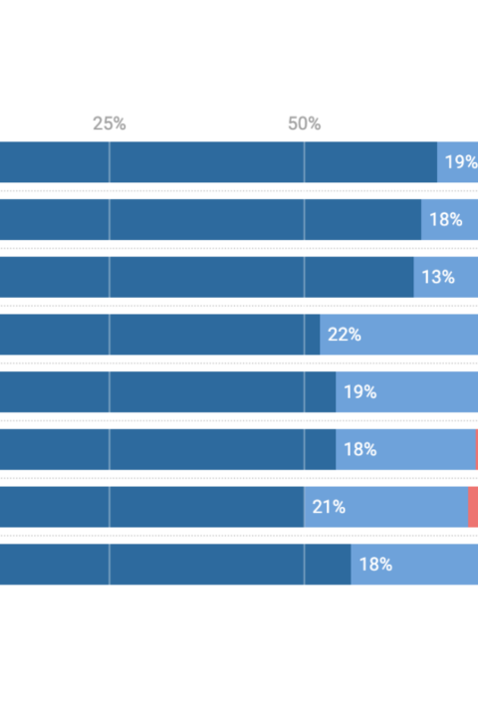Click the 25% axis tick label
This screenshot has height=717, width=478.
[110, 123]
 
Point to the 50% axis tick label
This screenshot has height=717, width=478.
[304, 123]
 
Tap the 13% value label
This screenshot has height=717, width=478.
[438, 277]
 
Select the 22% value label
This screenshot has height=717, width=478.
[345, 335]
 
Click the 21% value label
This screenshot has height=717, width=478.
[329, 507]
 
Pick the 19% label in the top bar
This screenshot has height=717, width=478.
[461, 162]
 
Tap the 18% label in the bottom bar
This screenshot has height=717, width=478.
[375, 565]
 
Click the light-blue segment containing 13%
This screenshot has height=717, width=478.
[446, 277]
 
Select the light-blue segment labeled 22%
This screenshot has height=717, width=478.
[399, 335]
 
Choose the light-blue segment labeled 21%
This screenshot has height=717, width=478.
[386, 507]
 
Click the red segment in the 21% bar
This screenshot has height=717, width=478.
[473, 507]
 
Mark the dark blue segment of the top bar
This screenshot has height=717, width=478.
[219, 162]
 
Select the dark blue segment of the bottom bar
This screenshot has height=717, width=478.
[175, 565]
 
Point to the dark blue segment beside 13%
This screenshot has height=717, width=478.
[207, 277]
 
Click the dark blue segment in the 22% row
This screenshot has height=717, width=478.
[160, 335]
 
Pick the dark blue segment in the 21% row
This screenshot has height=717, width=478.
[151, 507]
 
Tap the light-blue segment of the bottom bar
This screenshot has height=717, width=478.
[414, 565]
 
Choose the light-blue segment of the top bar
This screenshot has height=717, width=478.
[457, 162]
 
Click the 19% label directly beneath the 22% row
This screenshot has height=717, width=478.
[359, 392]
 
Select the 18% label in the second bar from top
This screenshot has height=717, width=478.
[445, 219]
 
